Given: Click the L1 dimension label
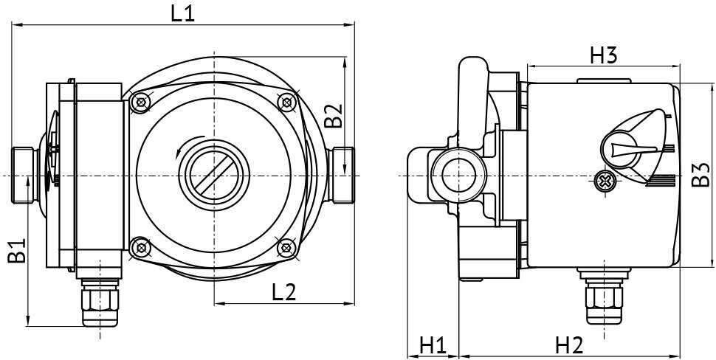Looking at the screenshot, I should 182,13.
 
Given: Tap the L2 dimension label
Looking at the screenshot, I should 283,292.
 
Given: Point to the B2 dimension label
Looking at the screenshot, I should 334,116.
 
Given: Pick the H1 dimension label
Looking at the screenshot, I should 433,345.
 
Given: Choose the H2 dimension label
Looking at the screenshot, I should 569,345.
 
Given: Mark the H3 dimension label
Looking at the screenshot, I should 603,55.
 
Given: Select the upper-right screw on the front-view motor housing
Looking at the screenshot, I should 286,102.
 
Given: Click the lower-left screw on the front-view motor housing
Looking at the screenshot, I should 138,248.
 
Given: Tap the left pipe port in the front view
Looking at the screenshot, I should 24,175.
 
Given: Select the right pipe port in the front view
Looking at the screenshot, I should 342,175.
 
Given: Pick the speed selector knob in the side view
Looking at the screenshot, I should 626,144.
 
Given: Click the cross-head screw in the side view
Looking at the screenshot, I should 605,179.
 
